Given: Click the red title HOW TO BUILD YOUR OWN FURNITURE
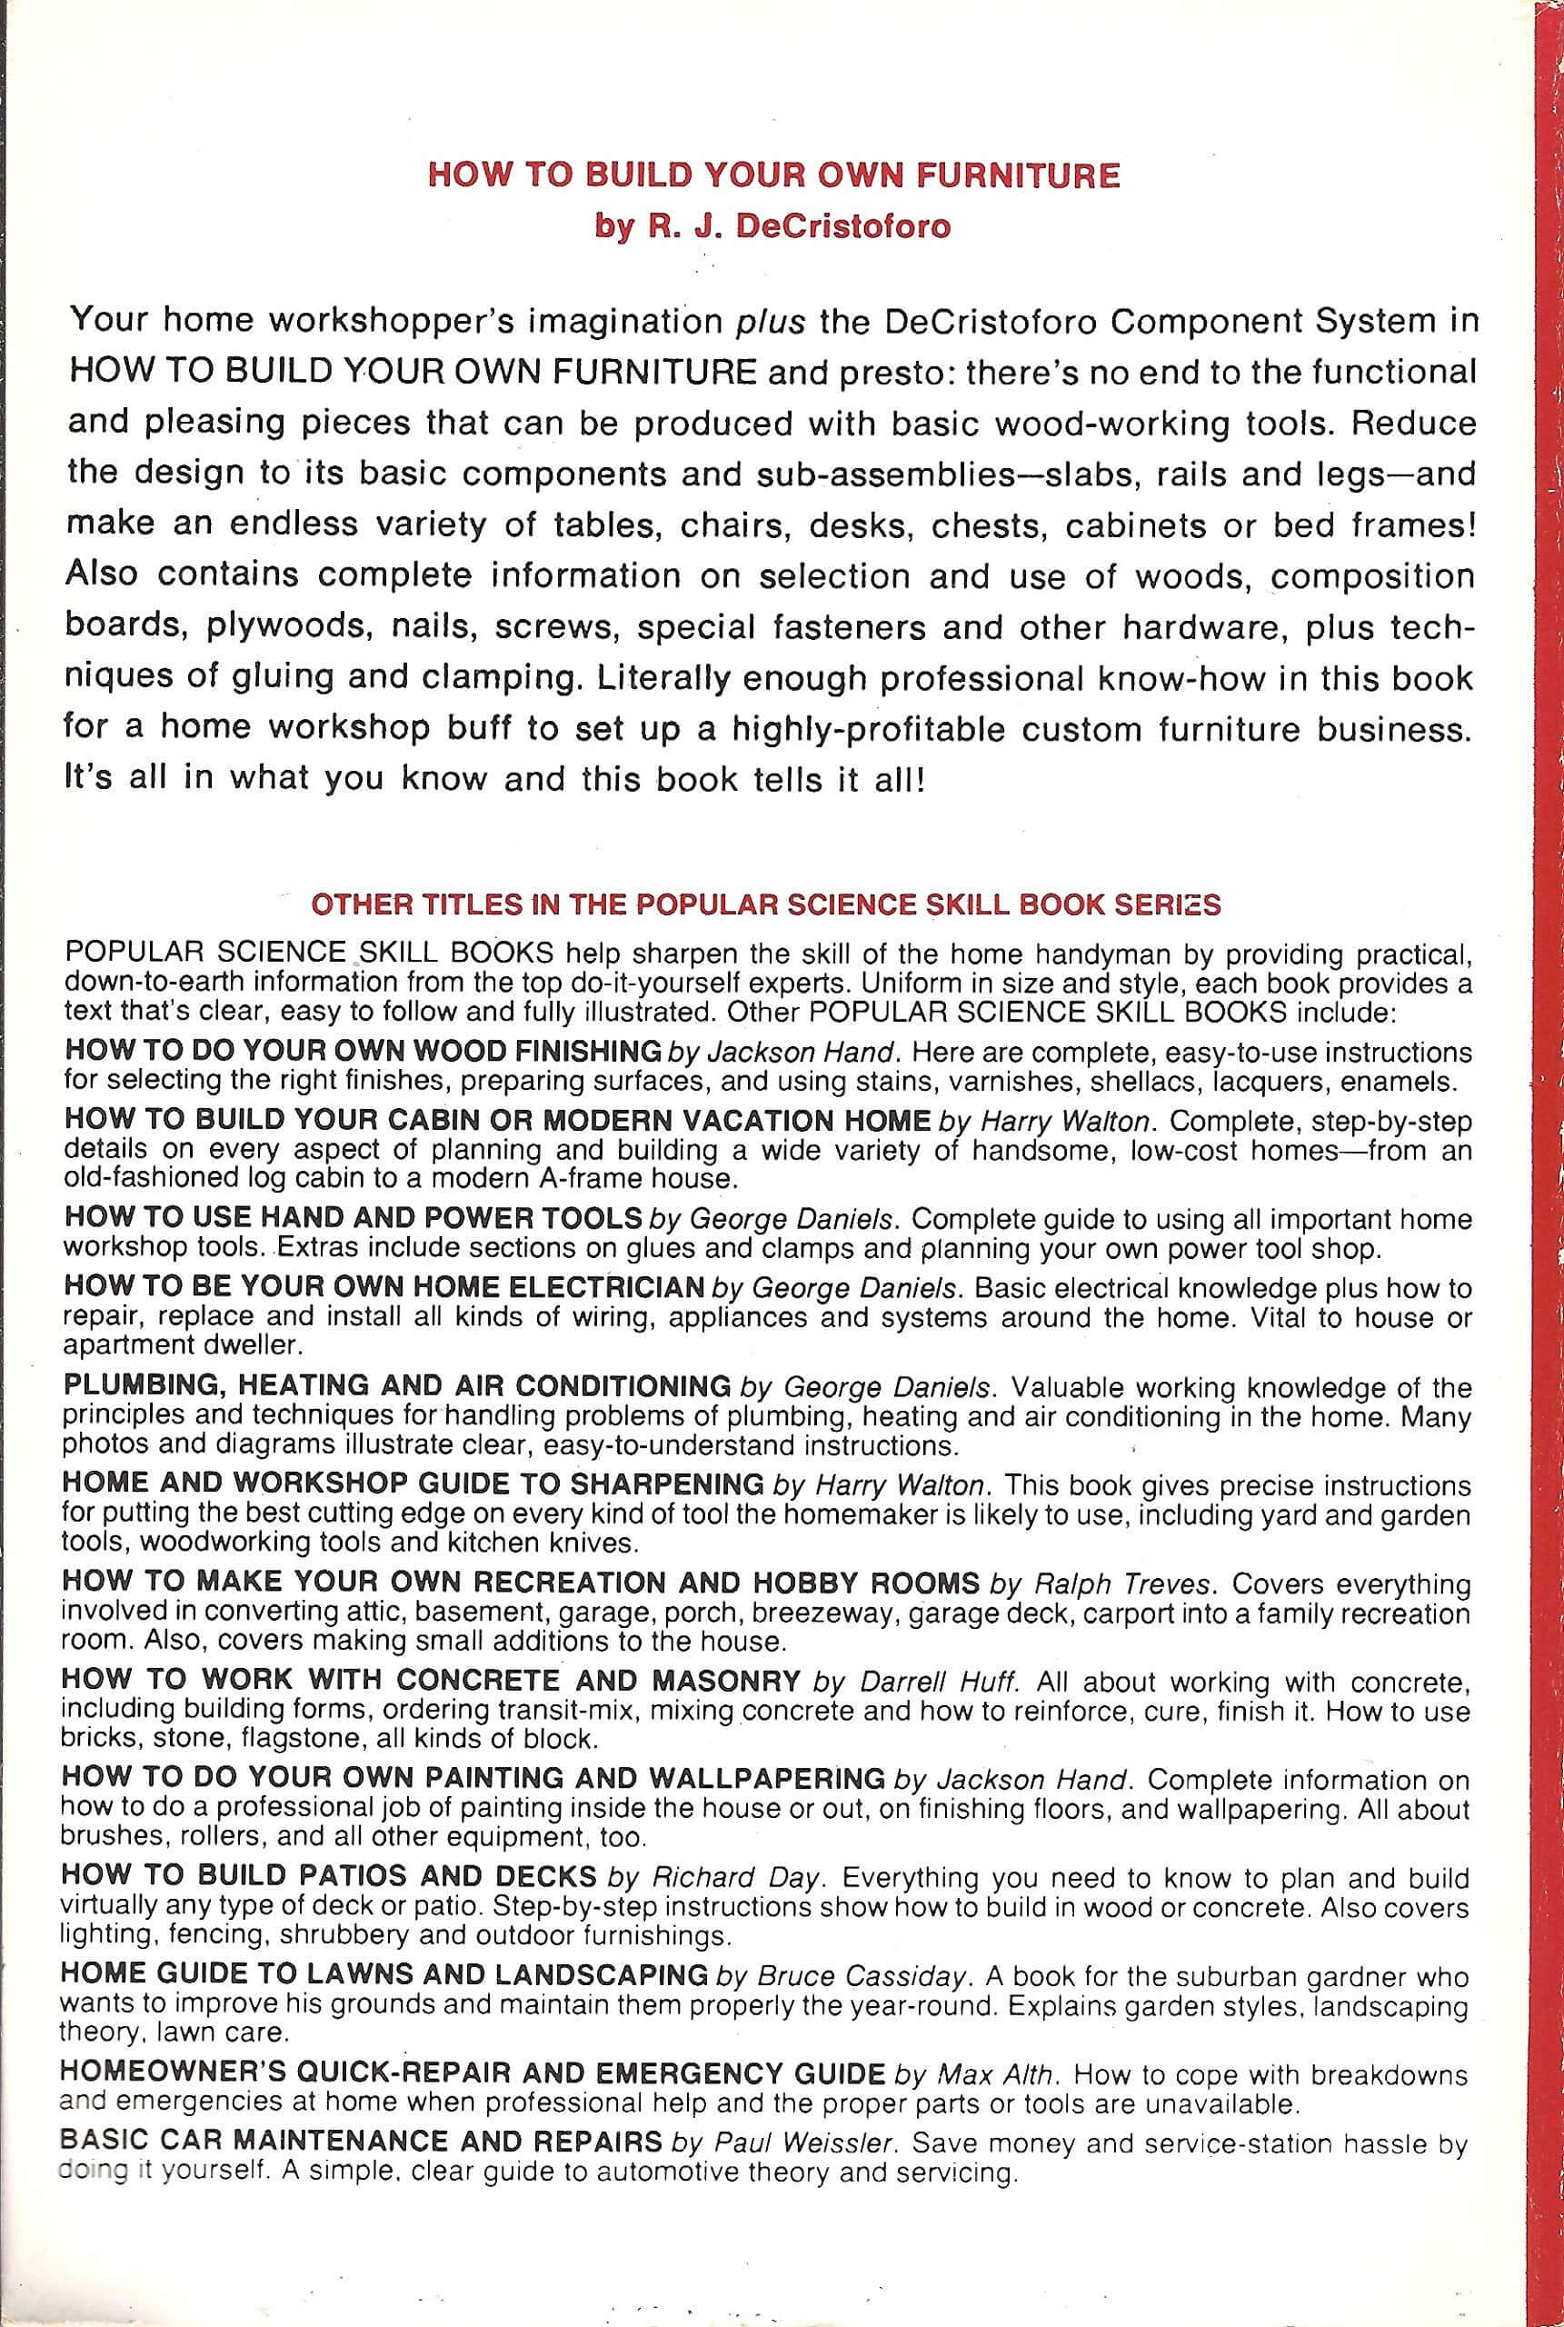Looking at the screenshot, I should pyautogui.click(x=773, y=175).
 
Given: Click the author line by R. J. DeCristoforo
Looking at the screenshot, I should pyautogui.click(x=773, y=225).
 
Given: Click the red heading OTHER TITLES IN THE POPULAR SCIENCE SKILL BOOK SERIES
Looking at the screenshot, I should pyautogui.click(x=766, y=904).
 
